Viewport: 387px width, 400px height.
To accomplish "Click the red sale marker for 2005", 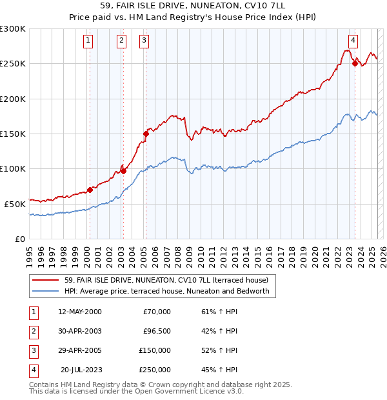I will tap(146, 134).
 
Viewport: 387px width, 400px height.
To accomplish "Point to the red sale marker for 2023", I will tap(355, 63).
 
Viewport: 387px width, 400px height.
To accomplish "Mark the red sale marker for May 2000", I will tap(90, 190).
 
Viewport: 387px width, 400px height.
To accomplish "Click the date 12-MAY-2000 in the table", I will tap(80, 312).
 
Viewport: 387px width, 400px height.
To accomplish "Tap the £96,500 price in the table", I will tap(156, 331).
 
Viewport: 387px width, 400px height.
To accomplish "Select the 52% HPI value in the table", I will tap(219, 350).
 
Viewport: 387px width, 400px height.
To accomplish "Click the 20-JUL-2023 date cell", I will tap(81, 370).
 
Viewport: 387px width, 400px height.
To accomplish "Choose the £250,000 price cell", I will tap(155, 370).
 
